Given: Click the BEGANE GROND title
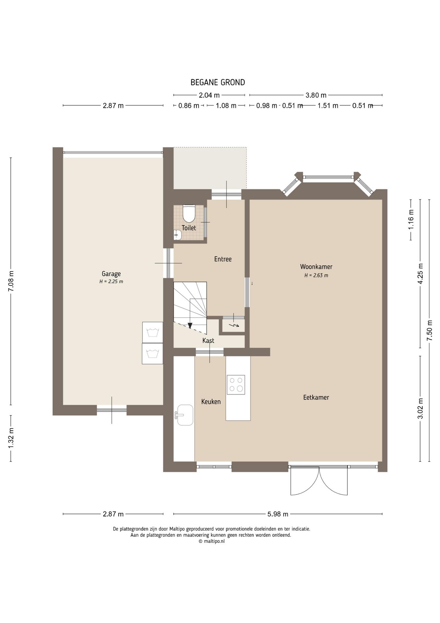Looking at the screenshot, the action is click(x=218, y=82).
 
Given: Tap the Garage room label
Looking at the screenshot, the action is click(x=111, y=274).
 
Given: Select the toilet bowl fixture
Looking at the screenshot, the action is click(x=189, y=213).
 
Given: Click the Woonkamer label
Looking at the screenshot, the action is click(x=316, y=267).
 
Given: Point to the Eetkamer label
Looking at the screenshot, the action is click(x=316, y=397).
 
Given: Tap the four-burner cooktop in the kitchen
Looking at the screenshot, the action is click(x=236, y=385).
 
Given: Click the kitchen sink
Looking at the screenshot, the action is click(x=185, y=415).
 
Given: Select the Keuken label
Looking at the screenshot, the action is click(x=211, y=402).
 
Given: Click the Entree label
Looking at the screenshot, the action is click(x=223, y=259).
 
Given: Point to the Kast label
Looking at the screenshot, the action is click(x=208, y=340).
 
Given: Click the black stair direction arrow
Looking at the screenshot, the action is click(x=190, y=325).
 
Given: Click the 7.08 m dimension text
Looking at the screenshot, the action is click(x=11, y=281).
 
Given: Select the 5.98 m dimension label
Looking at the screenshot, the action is click(x=278, y=514).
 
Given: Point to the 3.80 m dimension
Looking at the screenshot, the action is click(x=316, y=95).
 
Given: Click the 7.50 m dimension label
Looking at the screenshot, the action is click(x=430, y=330).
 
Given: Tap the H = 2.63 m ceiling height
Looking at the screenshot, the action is click(x=316, y=275).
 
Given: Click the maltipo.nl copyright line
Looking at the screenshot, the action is click(x=212, y=541).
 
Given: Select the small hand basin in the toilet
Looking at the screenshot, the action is click(x=177, y=235).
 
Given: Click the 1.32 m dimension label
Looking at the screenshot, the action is click(x=11, y=438).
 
